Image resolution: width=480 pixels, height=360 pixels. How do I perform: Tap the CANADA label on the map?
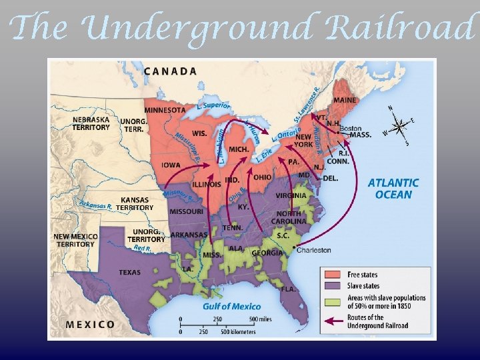coord(170,71)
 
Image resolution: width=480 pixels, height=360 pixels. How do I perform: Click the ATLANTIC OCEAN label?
coord(393,189)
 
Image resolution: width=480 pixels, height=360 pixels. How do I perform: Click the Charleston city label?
coord(313,250)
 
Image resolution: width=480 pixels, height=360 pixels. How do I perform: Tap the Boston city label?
coord(351,128)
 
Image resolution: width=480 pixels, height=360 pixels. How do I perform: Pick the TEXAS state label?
coord(129,272)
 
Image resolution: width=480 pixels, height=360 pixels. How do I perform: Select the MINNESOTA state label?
coord(165,110)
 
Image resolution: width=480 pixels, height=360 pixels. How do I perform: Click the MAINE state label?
coord(345,101)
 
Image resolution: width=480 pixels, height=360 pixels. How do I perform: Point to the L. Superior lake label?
coord(214,106)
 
